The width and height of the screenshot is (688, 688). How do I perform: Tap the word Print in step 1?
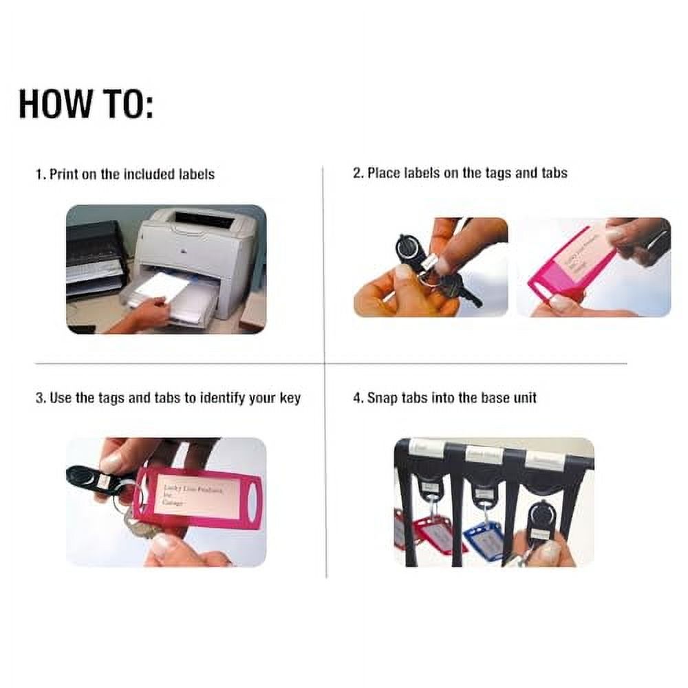click(x=64, y=174)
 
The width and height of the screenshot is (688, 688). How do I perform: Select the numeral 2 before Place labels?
click(x=356, y=173)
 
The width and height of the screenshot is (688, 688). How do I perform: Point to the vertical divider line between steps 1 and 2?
click(x=323, y=261)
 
